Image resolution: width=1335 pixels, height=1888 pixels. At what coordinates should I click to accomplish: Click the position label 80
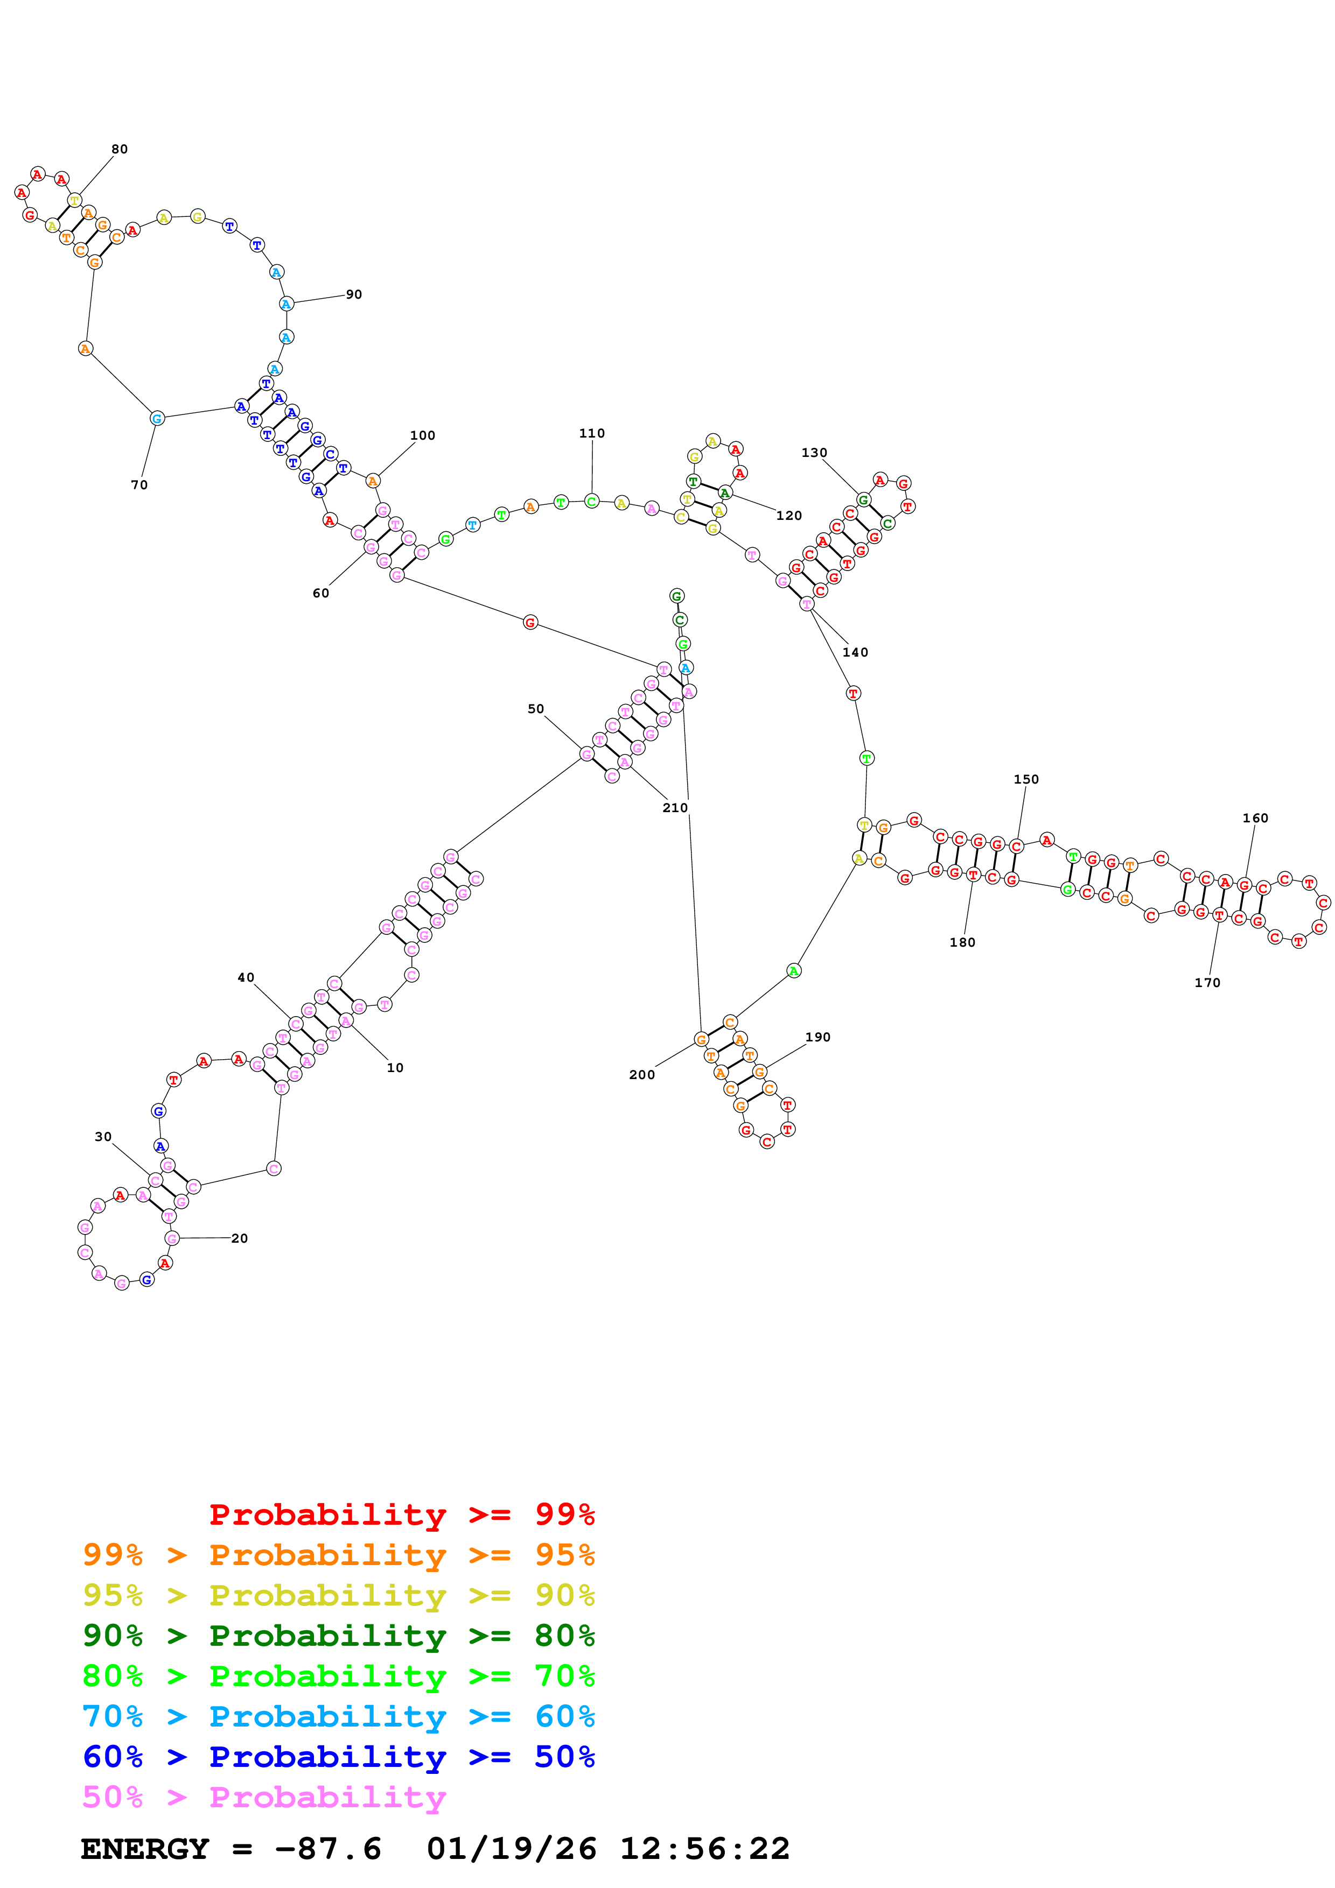click(x=119, y=149)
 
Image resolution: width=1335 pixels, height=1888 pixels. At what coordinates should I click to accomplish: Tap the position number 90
click(x=354, y=294)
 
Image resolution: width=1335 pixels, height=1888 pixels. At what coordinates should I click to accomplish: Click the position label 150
click(x=1026, y=779)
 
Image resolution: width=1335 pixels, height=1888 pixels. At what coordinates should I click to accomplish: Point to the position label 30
click(x=103, y=1137)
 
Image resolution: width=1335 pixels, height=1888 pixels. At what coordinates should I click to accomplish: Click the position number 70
click(x=139, y=485)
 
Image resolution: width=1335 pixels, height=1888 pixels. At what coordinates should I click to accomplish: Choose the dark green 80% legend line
click(x=338, y=1636)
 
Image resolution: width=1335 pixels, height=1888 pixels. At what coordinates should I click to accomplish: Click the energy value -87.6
click(x=328, y=1849)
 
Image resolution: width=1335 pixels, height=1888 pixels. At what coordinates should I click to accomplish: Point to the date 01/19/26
click(x=511, y=1849)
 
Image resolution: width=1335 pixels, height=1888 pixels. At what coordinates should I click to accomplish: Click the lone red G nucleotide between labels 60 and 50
click(x=530, y=623)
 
